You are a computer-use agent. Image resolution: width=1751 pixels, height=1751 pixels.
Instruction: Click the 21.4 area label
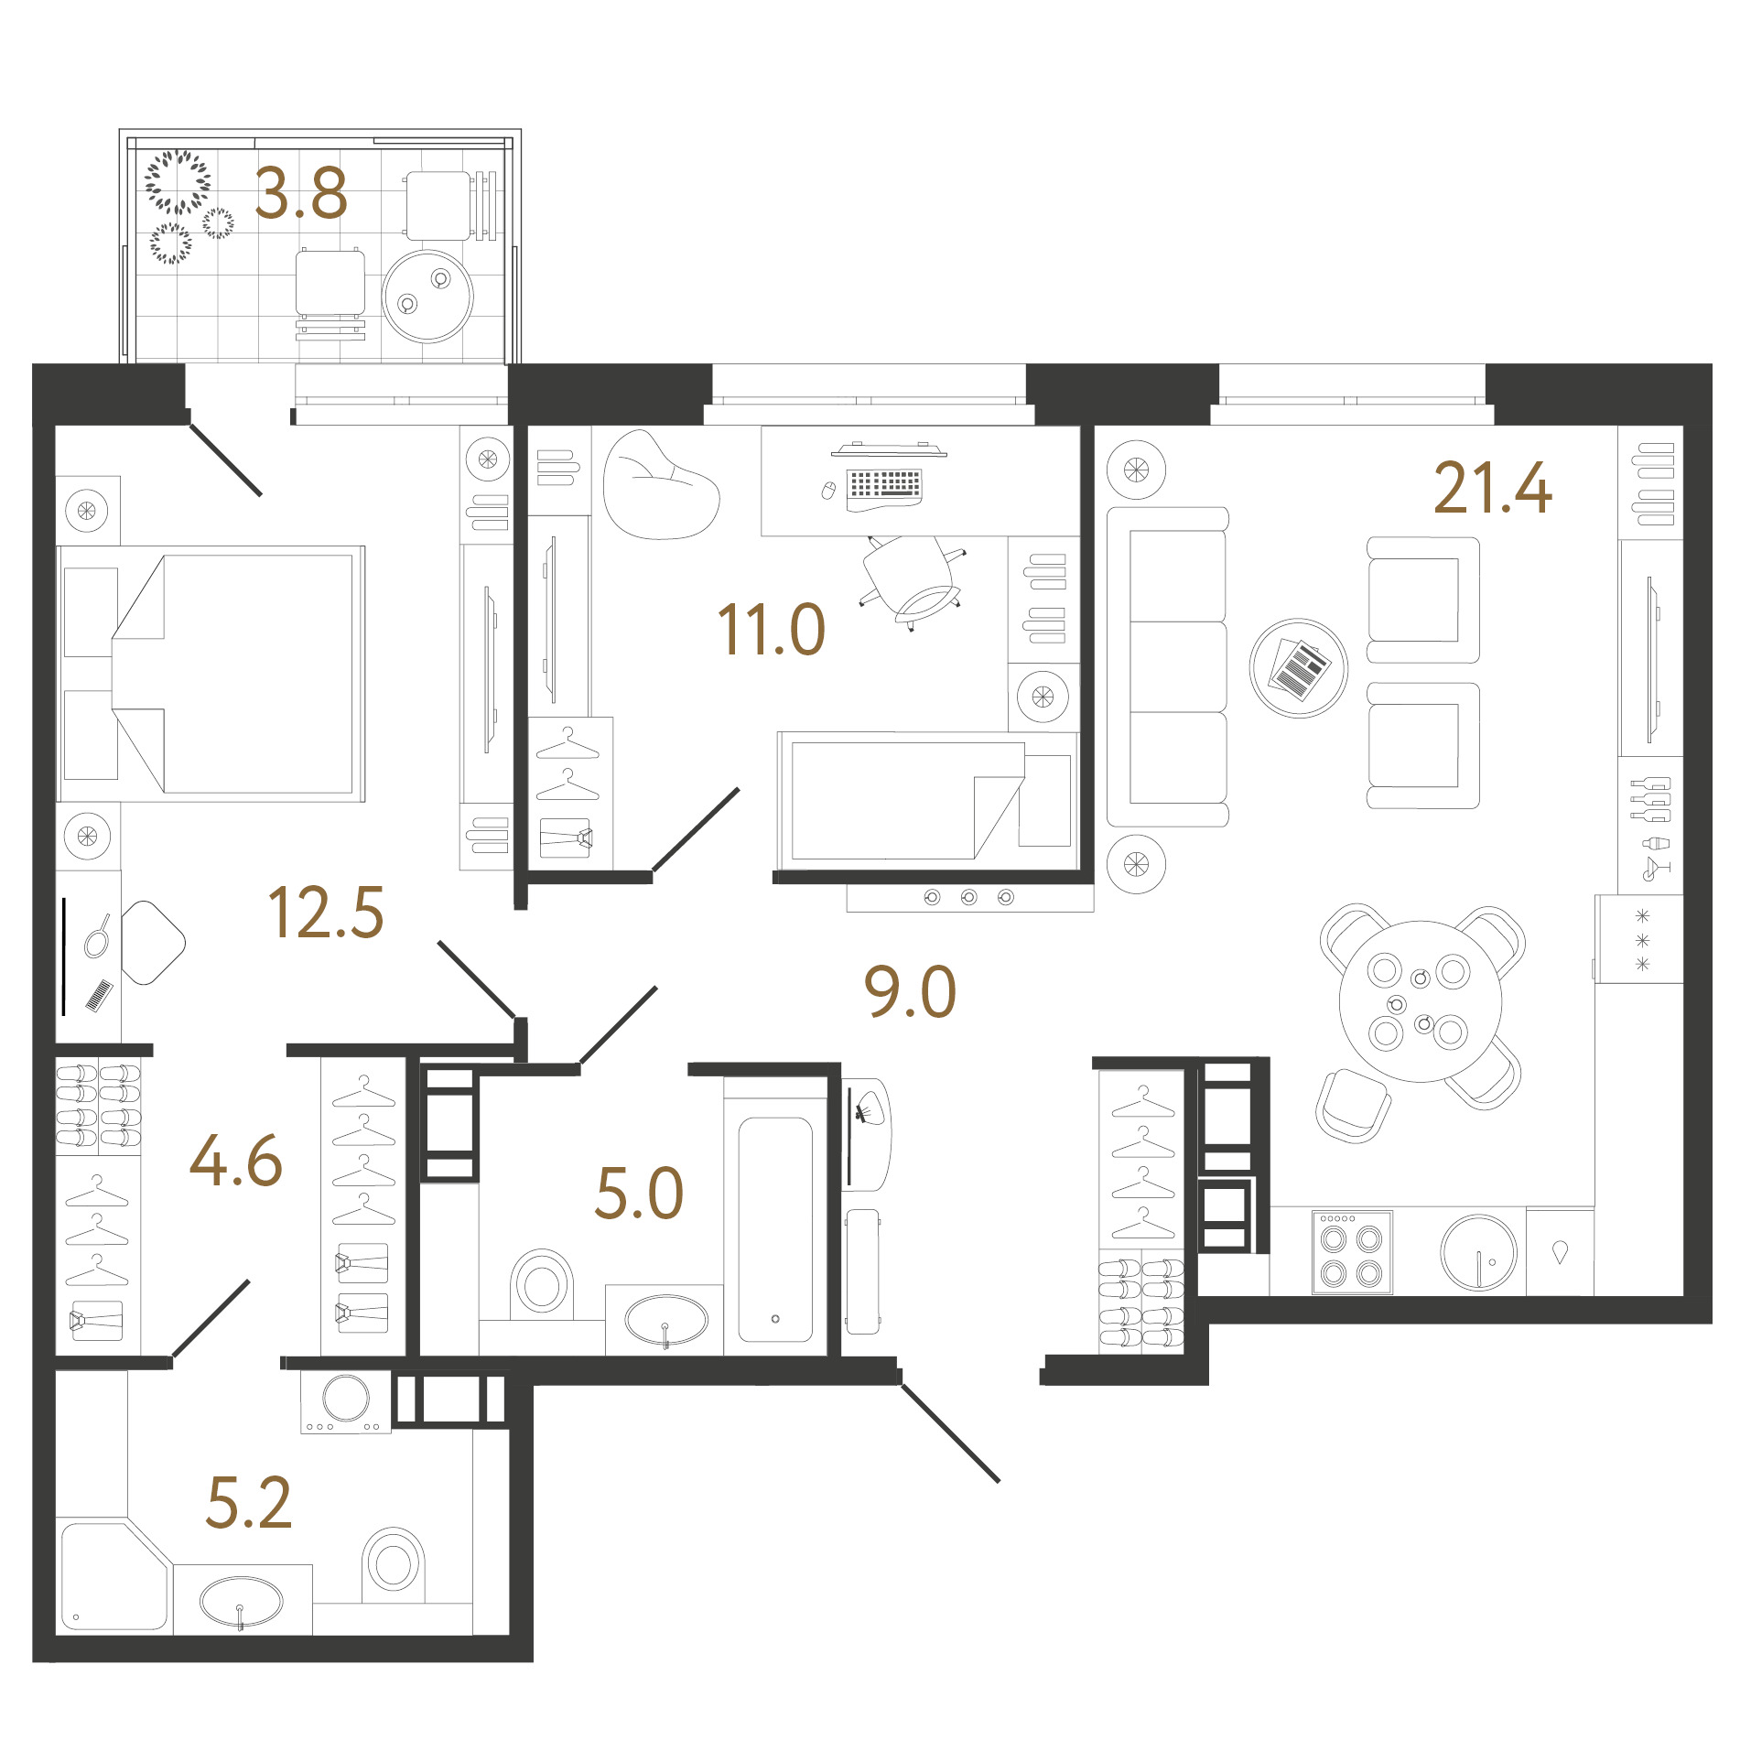point(1492,488)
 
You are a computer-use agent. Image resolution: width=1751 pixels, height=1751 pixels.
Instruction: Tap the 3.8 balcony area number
point(300,193)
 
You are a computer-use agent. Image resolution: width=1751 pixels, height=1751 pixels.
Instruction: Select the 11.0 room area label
point(771,630)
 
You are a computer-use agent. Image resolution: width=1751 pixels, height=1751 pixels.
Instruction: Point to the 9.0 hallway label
point(910,991)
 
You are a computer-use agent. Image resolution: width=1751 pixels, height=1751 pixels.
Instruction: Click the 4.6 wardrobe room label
point(235,1161)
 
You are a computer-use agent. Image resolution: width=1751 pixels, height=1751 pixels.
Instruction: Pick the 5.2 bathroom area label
point(248,1502)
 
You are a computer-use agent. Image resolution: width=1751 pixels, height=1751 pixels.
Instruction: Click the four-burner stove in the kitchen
point(1352,1252)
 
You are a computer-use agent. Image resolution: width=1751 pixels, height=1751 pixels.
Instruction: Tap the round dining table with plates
point(1420,1001)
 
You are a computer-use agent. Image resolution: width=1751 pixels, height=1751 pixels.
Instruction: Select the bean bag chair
point(660,485)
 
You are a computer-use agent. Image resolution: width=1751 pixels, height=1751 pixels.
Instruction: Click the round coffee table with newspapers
point(1298,668)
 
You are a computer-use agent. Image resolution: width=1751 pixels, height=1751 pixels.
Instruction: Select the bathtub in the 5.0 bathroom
point(775,1229)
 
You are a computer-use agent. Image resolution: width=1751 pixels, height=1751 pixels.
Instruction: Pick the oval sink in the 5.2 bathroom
point(241,1602)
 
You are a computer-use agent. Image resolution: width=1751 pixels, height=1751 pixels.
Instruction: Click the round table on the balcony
point(427,297)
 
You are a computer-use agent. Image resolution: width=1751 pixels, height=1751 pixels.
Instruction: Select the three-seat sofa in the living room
point(1168,666)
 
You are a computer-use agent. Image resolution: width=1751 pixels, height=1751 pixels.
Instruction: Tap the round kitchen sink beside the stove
point(1478,1252)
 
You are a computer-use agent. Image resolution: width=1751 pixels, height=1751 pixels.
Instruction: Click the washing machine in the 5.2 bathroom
point(346,1401)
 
